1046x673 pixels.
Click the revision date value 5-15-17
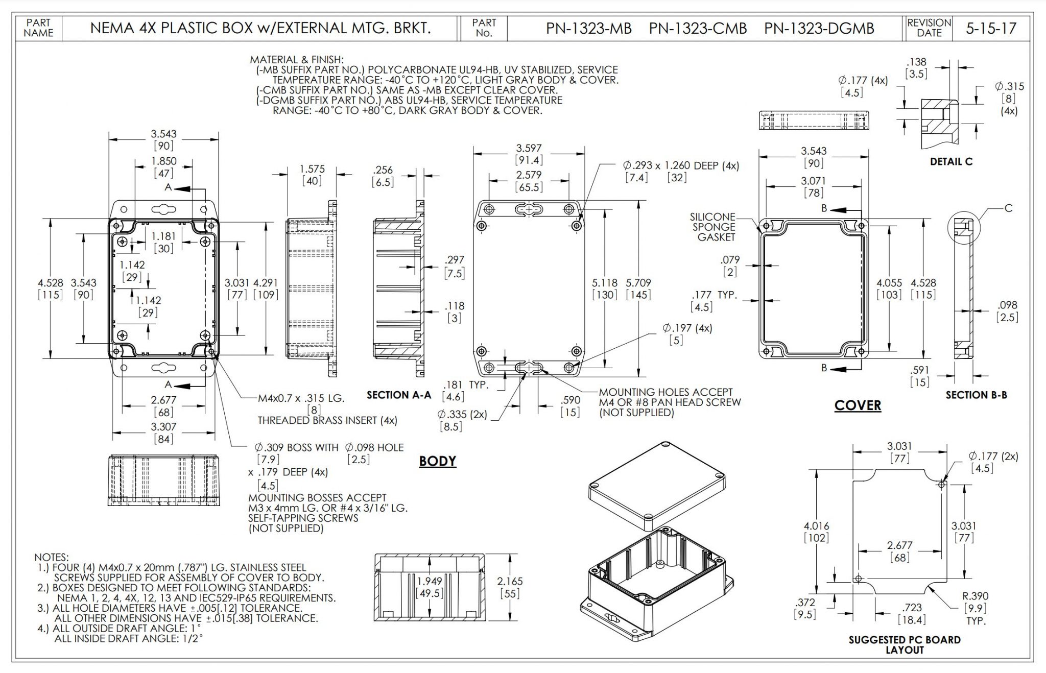pyautogui.click(x=990, y=28)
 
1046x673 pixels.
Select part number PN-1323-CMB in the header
pyautogui.click(x=698, y=28)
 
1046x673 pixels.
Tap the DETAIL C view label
pyautogui.click(x=951, y=162)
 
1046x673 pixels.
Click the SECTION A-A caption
pyautogui.click(x=399, y=395)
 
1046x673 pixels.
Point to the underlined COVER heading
pyautogui.click(x=858, y=405)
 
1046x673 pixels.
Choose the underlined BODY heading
pyautogui.click(x=437, y=461)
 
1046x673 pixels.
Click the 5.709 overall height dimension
pyautogui.click(x=638, y=282)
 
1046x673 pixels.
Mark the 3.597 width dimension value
pyautogui.click(x=529, y=148)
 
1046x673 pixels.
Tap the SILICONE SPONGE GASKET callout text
pyautogui.click(x=714, y=227)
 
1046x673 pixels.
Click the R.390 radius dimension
pyautogui.click(x=976, y=596)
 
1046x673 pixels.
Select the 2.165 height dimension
pyautogui.click(x=510, y=581)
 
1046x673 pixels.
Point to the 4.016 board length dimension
pyautogui.click(x=816, y=526)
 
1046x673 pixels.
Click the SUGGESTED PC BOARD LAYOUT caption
pyautogui.click(x=905, y=645)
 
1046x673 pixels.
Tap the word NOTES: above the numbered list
pyautogui.click(x=51, y=557)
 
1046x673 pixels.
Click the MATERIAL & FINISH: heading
pyautogui.click(x=297, y=60)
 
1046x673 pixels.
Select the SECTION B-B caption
pyautogui.click(x=976, y=395)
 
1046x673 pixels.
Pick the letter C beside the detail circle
pyautogui.click(x=1008, y=208)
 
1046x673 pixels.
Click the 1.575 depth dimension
pyautogui.click(x=312, y=169)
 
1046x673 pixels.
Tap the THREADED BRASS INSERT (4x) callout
pyautogui.click(x=327, y=420)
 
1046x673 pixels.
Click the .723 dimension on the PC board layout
pyautogui.click(x=912, y=608)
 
